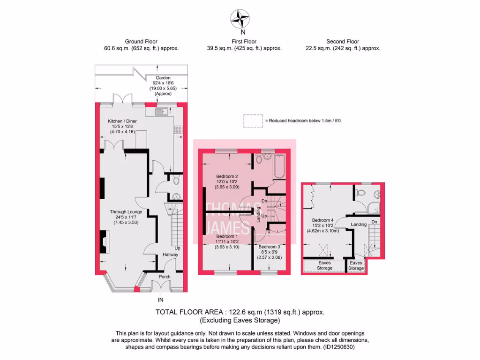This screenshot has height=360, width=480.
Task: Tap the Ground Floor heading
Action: pyautogui.click(x=141, y=42)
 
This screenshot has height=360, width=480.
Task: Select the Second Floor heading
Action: pyautogui.click(x=343, y=42)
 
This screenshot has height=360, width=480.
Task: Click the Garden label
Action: pyautogui.click(x=163, y=78)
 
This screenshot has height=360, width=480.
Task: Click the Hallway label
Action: pyautogui.click(x=171, y=255)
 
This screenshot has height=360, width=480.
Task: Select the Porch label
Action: pyautogui.click(x=165, y=277)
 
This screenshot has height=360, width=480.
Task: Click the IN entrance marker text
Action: pyautogui.click(x=161, y=300)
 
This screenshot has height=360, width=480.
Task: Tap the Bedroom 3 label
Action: pyautogui.click(x=269, y=247)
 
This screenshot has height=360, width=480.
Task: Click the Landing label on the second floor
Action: pyautogui.click(x=359, y=225)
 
